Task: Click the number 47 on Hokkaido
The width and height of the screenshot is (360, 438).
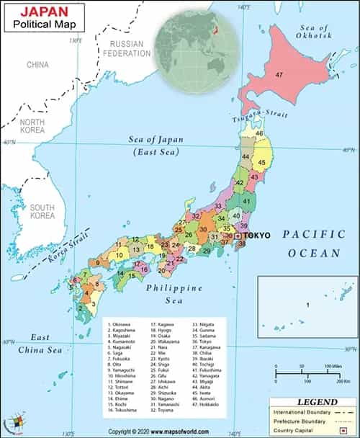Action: [279, 75]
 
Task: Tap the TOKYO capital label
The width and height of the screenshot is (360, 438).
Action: [257, 236]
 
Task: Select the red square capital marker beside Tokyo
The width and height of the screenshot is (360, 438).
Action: [238, 236]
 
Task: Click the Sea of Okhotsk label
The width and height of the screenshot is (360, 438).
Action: [316, 30]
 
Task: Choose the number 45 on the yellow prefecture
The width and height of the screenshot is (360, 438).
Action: [262, 163]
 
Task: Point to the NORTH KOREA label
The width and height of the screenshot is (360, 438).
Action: [32, 127]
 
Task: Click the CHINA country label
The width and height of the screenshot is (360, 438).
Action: [37, 64]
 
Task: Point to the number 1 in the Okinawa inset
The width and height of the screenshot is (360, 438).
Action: [307, 305]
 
